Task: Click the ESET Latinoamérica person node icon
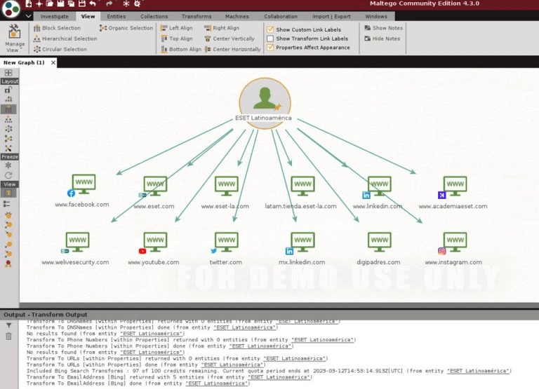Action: [x=265, y=97]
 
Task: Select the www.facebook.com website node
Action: [x=84, y=185]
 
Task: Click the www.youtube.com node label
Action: [x=153, y=262]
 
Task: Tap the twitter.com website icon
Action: [x=226, y=243]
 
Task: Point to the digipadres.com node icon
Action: [x=380, y=243]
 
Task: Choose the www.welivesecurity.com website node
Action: [x=76, y=243]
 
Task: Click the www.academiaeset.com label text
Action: [x=453, y=206]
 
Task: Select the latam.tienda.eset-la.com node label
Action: [x=300, y=206]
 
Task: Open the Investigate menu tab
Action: [x=55, y=16]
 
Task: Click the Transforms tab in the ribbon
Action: [x=197, y=16]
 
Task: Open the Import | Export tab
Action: [x=331, y=16]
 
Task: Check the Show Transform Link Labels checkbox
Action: [x=270, y=39]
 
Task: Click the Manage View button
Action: [x=14, y=38]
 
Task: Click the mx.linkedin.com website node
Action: [x=302, y=243]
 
